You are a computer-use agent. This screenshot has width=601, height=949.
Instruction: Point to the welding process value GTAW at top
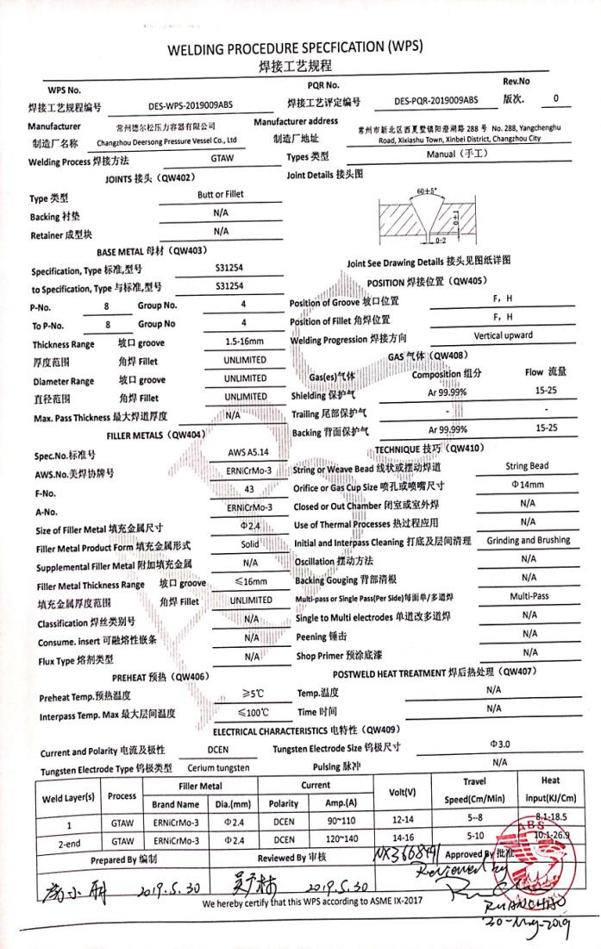222,160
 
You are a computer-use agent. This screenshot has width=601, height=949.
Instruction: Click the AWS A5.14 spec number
244,452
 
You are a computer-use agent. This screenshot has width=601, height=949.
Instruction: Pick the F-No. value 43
244,489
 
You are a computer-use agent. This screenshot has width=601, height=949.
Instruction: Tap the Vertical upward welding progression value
503,336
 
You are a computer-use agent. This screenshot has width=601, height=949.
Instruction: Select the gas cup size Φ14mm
527,485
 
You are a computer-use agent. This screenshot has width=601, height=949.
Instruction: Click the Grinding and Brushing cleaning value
528,540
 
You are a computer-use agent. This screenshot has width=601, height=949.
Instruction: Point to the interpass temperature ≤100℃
254,713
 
